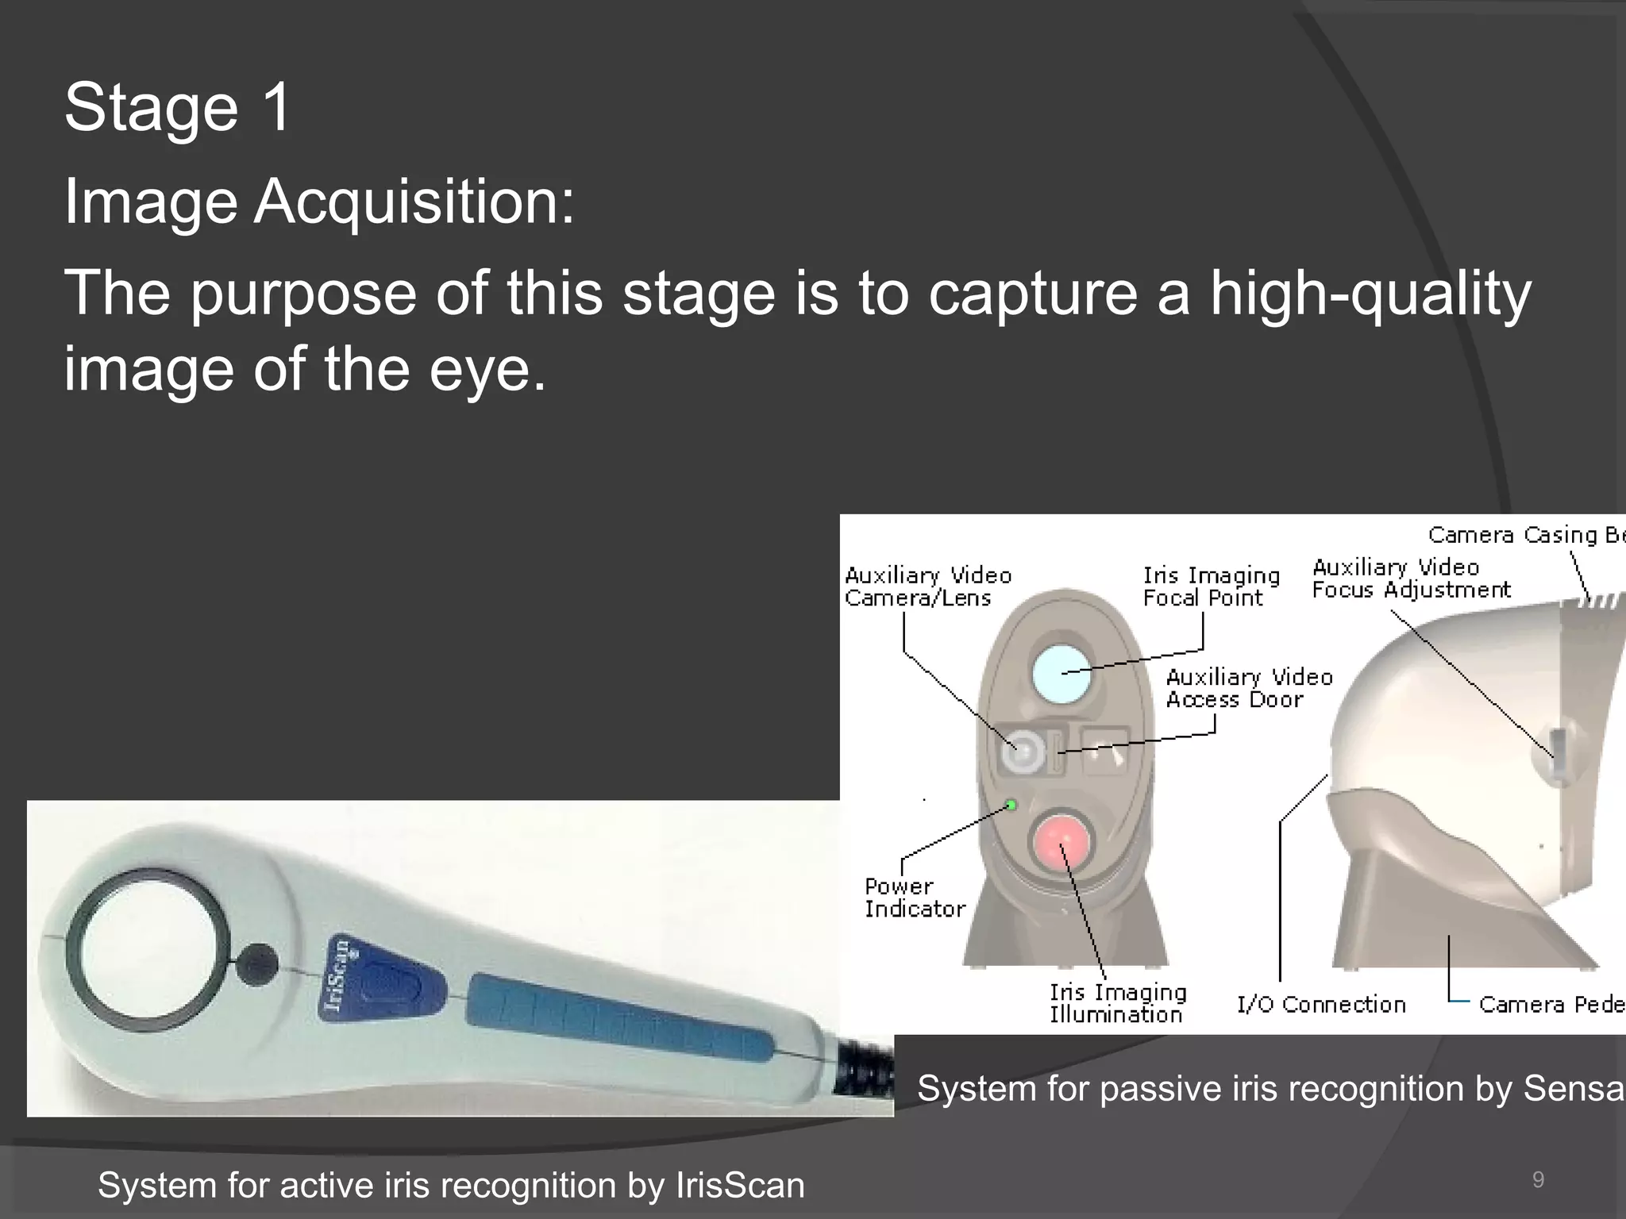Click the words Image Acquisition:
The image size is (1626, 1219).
(x=319, y=202)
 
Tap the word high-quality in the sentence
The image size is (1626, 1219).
(x=1370, y=294)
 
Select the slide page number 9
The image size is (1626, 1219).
(x=1538, y=1180)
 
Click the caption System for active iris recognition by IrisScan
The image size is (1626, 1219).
(x=451, y=1185)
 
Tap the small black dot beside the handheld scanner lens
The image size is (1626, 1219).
(x=257, y=964)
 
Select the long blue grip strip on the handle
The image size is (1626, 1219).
(x=619, y=1018)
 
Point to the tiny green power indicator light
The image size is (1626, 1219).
(x=1011, y=806)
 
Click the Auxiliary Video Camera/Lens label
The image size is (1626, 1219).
(x=927, y=586)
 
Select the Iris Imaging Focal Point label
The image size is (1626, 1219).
(x=1211, y=586)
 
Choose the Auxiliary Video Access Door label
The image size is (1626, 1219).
(x=1249, y=688)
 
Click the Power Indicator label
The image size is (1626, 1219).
(x=914, y=898)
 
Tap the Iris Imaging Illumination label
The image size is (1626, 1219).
(x=1118, y=1003)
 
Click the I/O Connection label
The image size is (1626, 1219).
(x=1321, y=1005)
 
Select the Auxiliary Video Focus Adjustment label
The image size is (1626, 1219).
(x=1411, y=579)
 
